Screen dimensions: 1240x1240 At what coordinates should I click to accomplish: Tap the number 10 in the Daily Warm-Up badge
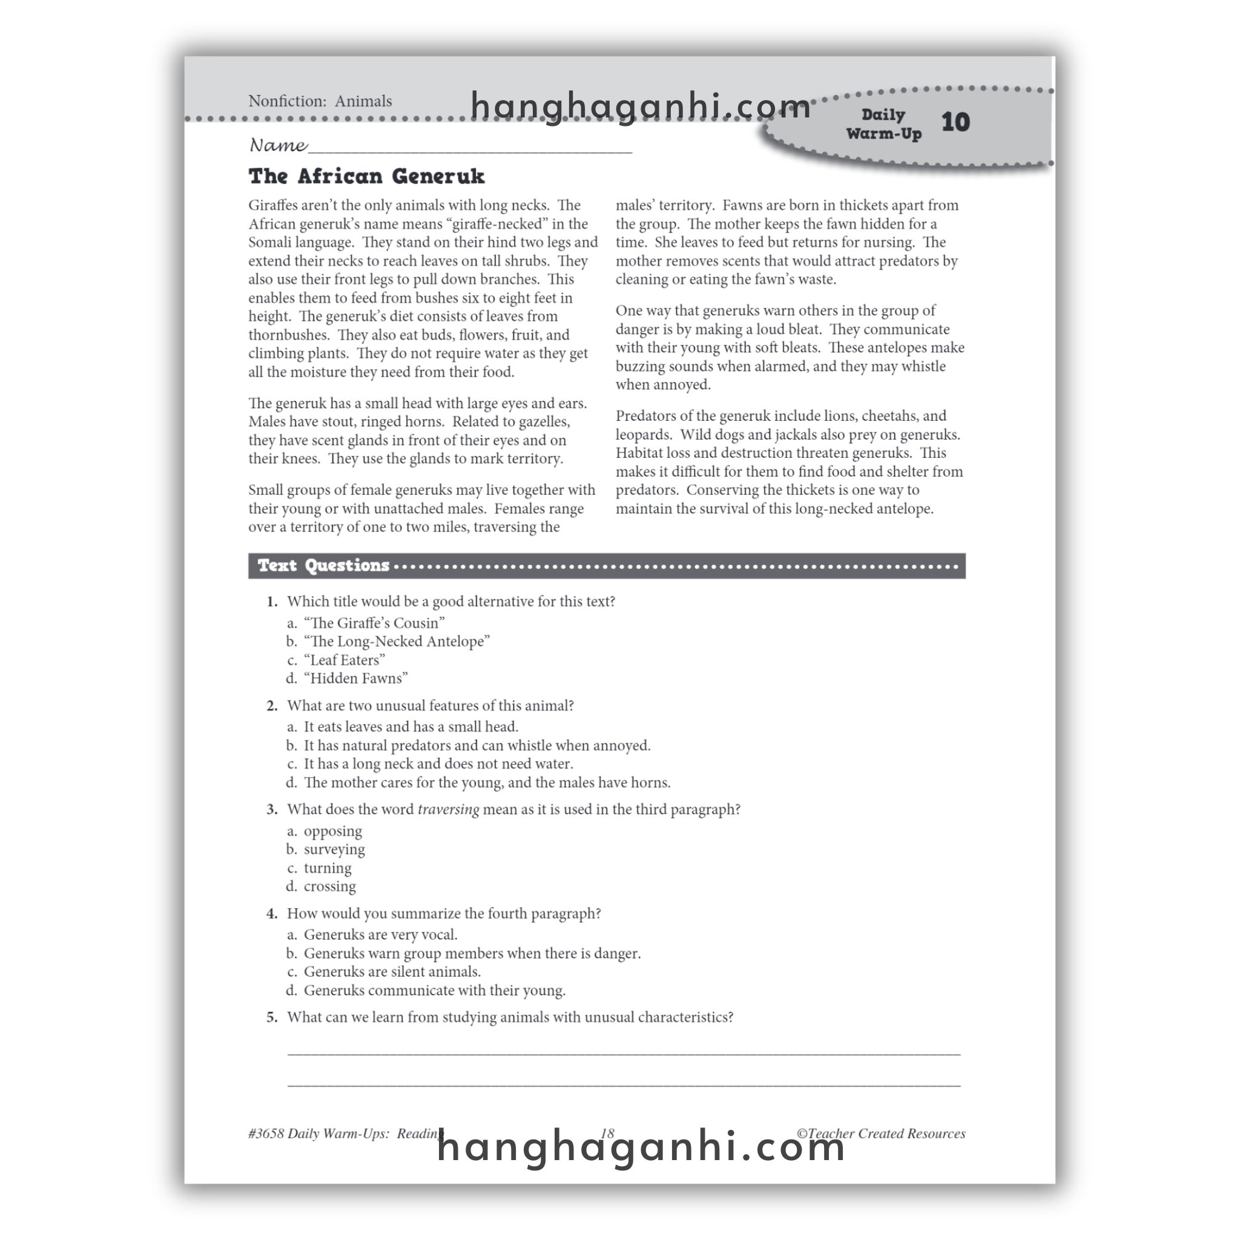click(x=955, y=122)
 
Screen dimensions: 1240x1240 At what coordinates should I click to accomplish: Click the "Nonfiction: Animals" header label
click(x=320, y=101)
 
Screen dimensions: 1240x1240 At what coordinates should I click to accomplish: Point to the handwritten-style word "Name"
click(x=277, y=145)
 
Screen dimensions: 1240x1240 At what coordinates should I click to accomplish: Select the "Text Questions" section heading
click(x=323, y=566)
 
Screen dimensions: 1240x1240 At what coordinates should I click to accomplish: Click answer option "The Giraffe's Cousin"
click(x=374, y=622)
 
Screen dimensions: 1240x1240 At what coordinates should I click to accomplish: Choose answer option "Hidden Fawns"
click(x=355, y=678)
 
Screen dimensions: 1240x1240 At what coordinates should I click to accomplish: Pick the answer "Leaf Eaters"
click(x=344, y=660)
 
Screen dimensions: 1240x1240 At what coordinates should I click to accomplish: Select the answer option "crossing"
click(x=329, y=886)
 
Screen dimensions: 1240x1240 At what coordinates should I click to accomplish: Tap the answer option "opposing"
click(x=332, y=831)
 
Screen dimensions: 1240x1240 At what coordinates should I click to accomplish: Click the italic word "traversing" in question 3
click(x=448, y=810)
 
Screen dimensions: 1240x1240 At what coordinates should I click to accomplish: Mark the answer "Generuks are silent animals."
click(x=392, y=972)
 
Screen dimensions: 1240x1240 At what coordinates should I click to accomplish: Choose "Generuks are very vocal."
click(x=380, y=934)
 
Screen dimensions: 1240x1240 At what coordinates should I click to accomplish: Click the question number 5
click(x=272, y=1017)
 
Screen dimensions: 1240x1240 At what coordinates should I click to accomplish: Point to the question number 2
click(x=272, y=705)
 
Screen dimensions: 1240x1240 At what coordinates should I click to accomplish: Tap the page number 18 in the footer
click(x=607, y=1133)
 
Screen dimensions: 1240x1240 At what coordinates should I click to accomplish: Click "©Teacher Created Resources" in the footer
click(x=880, y=1133)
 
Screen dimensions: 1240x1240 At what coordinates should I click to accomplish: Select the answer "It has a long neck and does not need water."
click(x=438, y=763)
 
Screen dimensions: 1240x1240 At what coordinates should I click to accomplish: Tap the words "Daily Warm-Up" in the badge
click(x=883, y=124)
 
